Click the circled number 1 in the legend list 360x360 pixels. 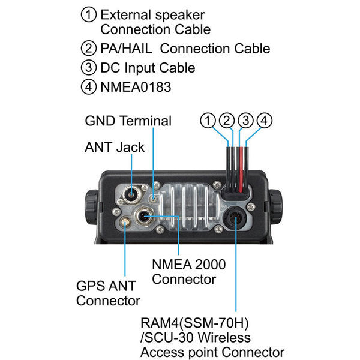[89, 14]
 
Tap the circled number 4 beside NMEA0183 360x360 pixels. [89, 86]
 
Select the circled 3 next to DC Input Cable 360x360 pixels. [89, 68]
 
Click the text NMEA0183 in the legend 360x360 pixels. [136, 87]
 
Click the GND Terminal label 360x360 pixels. [128, 121]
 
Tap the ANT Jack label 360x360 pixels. [114, 147]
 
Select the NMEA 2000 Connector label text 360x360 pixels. [184, 271]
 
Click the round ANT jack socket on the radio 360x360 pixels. [133, 194]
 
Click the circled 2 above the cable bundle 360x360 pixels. [227, 121]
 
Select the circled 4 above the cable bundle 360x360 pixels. [265, 121]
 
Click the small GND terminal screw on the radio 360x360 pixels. [155, 198]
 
